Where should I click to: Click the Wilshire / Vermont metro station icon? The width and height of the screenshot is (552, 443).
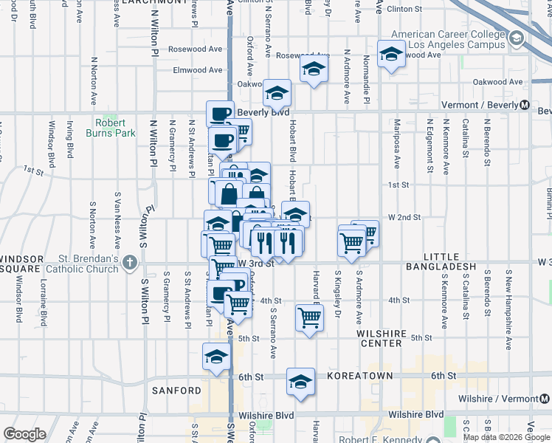[x=543, y=399]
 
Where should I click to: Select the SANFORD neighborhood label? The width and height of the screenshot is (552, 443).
[x=177, y=390]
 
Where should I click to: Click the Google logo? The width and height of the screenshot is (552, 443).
[x=24, y=433]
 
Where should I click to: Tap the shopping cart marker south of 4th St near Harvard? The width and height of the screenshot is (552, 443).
[x=310, y=317]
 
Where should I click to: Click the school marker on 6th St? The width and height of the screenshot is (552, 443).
[x=300, y=381]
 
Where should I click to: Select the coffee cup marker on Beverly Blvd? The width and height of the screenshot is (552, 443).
[x=220, y=114]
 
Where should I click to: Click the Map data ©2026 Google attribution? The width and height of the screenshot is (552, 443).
[x=507, y=436]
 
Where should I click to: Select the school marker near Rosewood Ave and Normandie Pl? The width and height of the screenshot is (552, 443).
[x=391, y=53]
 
